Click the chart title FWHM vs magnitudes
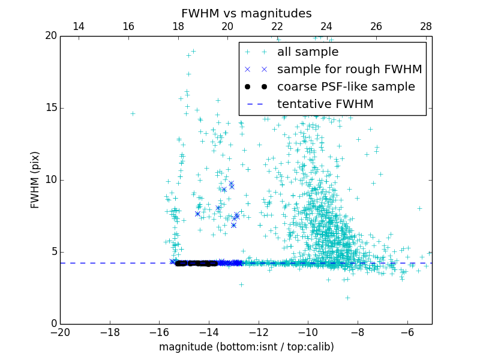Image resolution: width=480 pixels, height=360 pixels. click(x=246, y=13)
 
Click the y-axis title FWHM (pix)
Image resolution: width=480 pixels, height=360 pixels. click(x=35, y=180)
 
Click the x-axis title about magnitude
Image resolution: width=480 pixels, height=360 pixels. click(x=246, y=347)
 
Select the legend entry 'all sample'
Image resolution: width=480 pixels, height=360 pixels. click(x=307, y=52)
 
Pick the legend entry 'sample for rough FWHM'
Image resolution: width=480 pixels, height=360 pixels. click(x=349, y=70)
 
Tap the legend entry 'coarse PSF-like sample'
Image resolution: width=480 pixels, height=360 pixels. click(x=346, y=87)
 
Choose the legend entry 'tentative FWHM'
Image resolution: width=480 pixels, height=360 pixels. click(x=325, y=104)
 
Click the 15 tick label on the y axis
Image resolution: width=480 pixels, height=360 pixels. click(x=50, y=108)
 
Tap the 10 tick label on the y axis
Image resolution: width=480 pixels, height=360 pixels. click(x=50, y=180)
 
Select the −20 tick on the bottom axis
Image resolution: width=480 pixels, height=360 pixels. click(x=60, y=332)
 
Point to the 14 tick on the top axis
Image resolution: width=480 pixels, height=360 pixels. click(x=79, y=26)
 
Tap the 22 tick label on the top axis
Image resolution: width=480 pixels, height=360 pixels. click(x=277, y=26)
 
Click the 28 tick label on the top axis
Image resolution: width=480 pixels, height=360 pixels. click(x=426, y=26)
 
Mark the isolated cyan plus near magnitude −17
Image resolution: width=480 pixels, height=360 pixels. click(x=133, y=113)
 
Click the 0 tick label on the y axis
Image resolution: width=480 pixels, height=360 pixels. click(x=53, y=324)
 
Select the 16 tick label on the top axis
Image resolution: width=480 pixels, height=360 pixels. click(x=128, y=26)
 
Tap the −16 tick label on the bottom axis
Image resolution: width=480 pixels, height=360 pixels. click(x=159, y=332)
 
